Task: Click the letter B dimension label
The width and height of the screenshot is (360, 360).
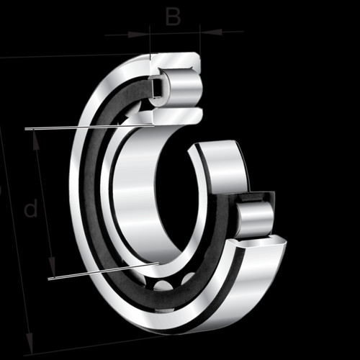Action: click(x=173, y=17)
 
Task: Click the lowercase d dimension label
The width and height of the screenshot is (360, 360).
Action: click(x=31, y=207)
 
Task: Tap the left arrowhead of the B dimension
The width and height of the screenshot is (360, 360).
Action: click(x=139, y=35)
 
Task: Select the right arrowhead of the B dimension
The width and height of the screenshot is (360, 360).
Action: click(x=211, y=32)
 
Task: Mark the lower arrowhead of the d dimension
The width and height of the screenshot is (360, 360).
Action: click(x=52, y=267)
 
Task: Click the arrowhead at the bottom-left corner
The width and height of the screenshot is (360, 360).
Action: click(x=30, y=343)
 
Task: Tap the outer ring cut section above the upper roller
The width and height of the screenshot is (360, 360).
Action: click(x=175, y=62)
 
